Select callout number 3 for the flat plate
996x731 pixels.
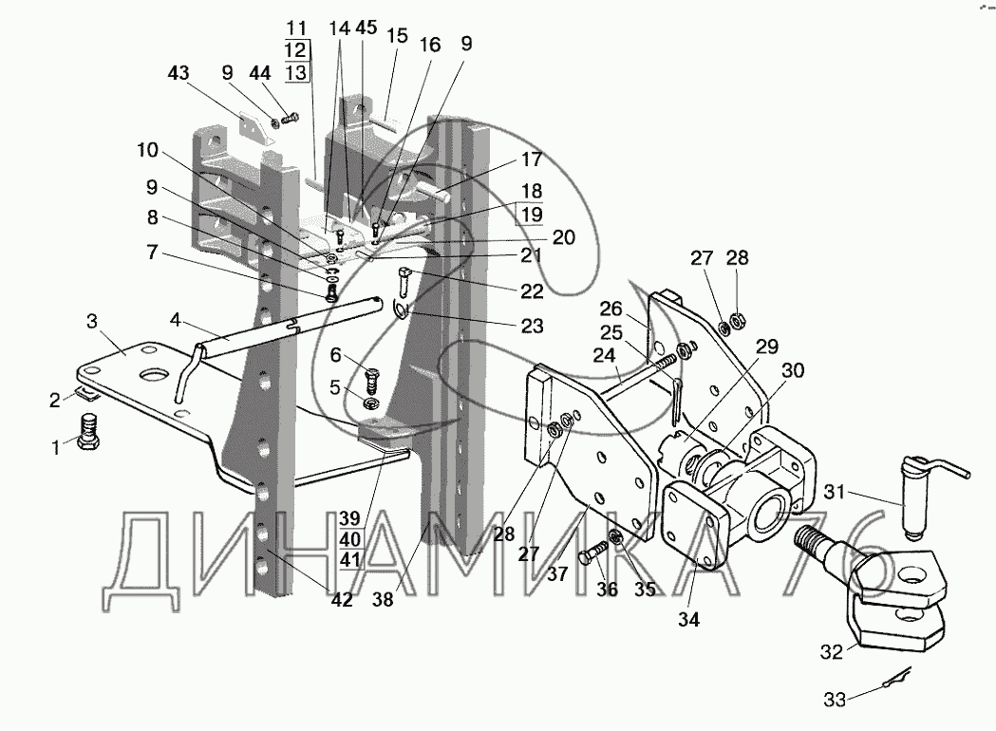(92, 322)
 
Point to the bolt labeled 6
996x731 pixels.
(372, 381)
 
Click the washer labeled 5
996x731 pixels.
(369, 403)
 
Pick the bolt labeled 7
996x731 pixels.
(331, 292)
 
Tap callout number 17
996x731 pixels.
(531, 159)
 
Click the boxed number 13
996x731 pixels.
(295, 72)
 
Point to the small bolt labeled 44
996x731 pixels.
(291, 118)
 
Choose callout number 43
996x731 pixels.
(179, 74)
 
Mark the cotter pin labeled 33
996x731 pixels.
(893, 678)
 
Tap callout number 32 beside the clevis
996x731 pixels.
(832, 652)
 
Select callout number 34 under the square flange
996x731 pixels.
(688, 619)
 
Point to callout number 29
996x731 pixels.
(767, 347)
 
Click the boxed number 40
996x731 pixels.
(349, 540)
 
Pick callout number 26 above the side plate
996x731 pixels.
(611, 309)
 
